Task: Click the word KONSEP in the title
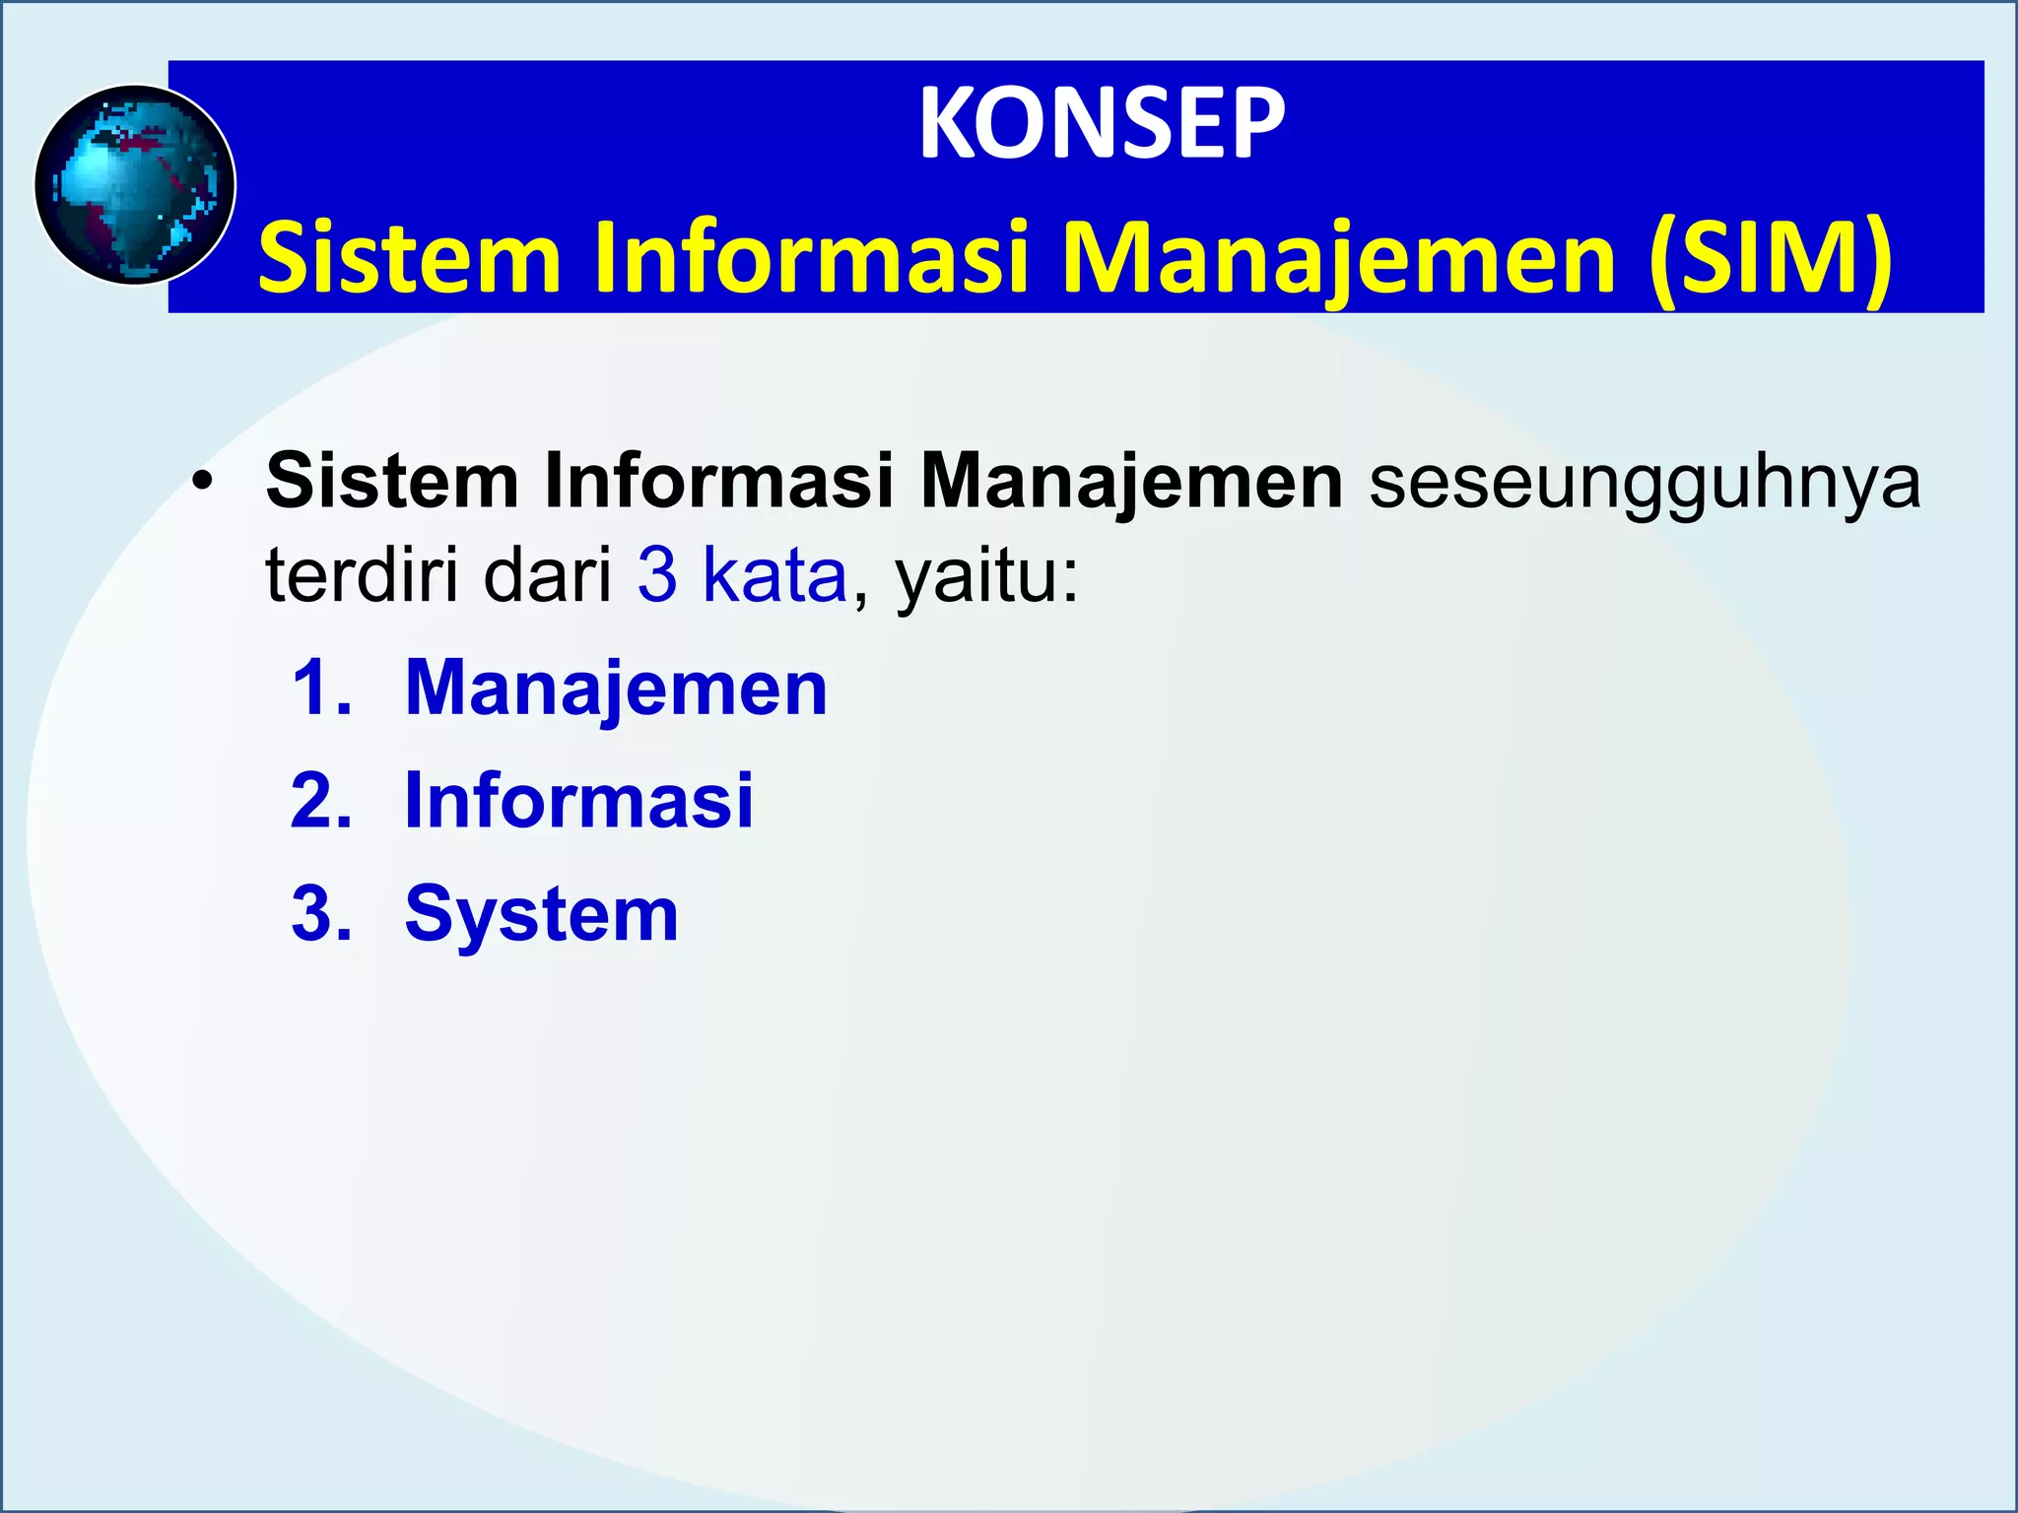1102,125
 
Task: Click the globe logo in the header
135,185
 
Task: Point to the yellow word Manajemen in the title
1340,258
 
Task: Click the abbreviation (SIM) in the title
1770,258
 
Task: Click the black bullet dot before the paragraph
203,482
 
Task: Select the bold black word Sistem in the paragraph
392,482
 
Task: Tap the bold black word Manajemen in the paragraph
1131,482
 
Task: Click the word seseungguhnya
1645,482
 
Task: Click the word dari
548,575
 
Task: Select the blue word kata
774,575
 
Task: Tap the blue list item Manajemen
616,688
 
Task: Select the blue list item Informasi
579,801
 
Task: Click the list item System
542,914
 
